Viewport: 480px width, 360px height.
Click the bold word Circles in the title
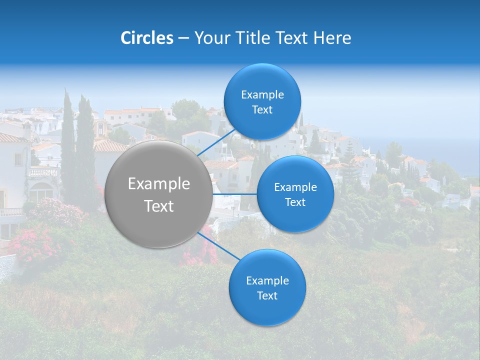pos(147,38)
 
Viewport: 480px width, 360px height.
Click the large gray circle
pos(158,194)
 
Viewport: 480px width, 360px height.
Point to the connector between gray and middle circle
pos(234,194)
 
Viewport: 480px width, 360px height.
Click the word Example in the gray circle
pos(158,184)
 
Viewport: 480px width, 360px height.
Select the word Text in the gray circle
pos(158,206)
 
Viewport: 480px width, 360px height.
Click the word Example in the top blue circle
pos(262,95)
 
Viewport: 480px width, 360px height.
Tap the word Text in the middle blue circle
pos(295,202)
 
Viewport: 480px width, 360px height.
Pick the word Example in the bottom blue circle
pos(267,280)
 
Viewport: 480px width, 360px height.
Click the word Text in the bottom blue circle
pos(267,295)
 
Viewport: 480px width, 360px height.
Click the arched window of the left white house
pos(41,192)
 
